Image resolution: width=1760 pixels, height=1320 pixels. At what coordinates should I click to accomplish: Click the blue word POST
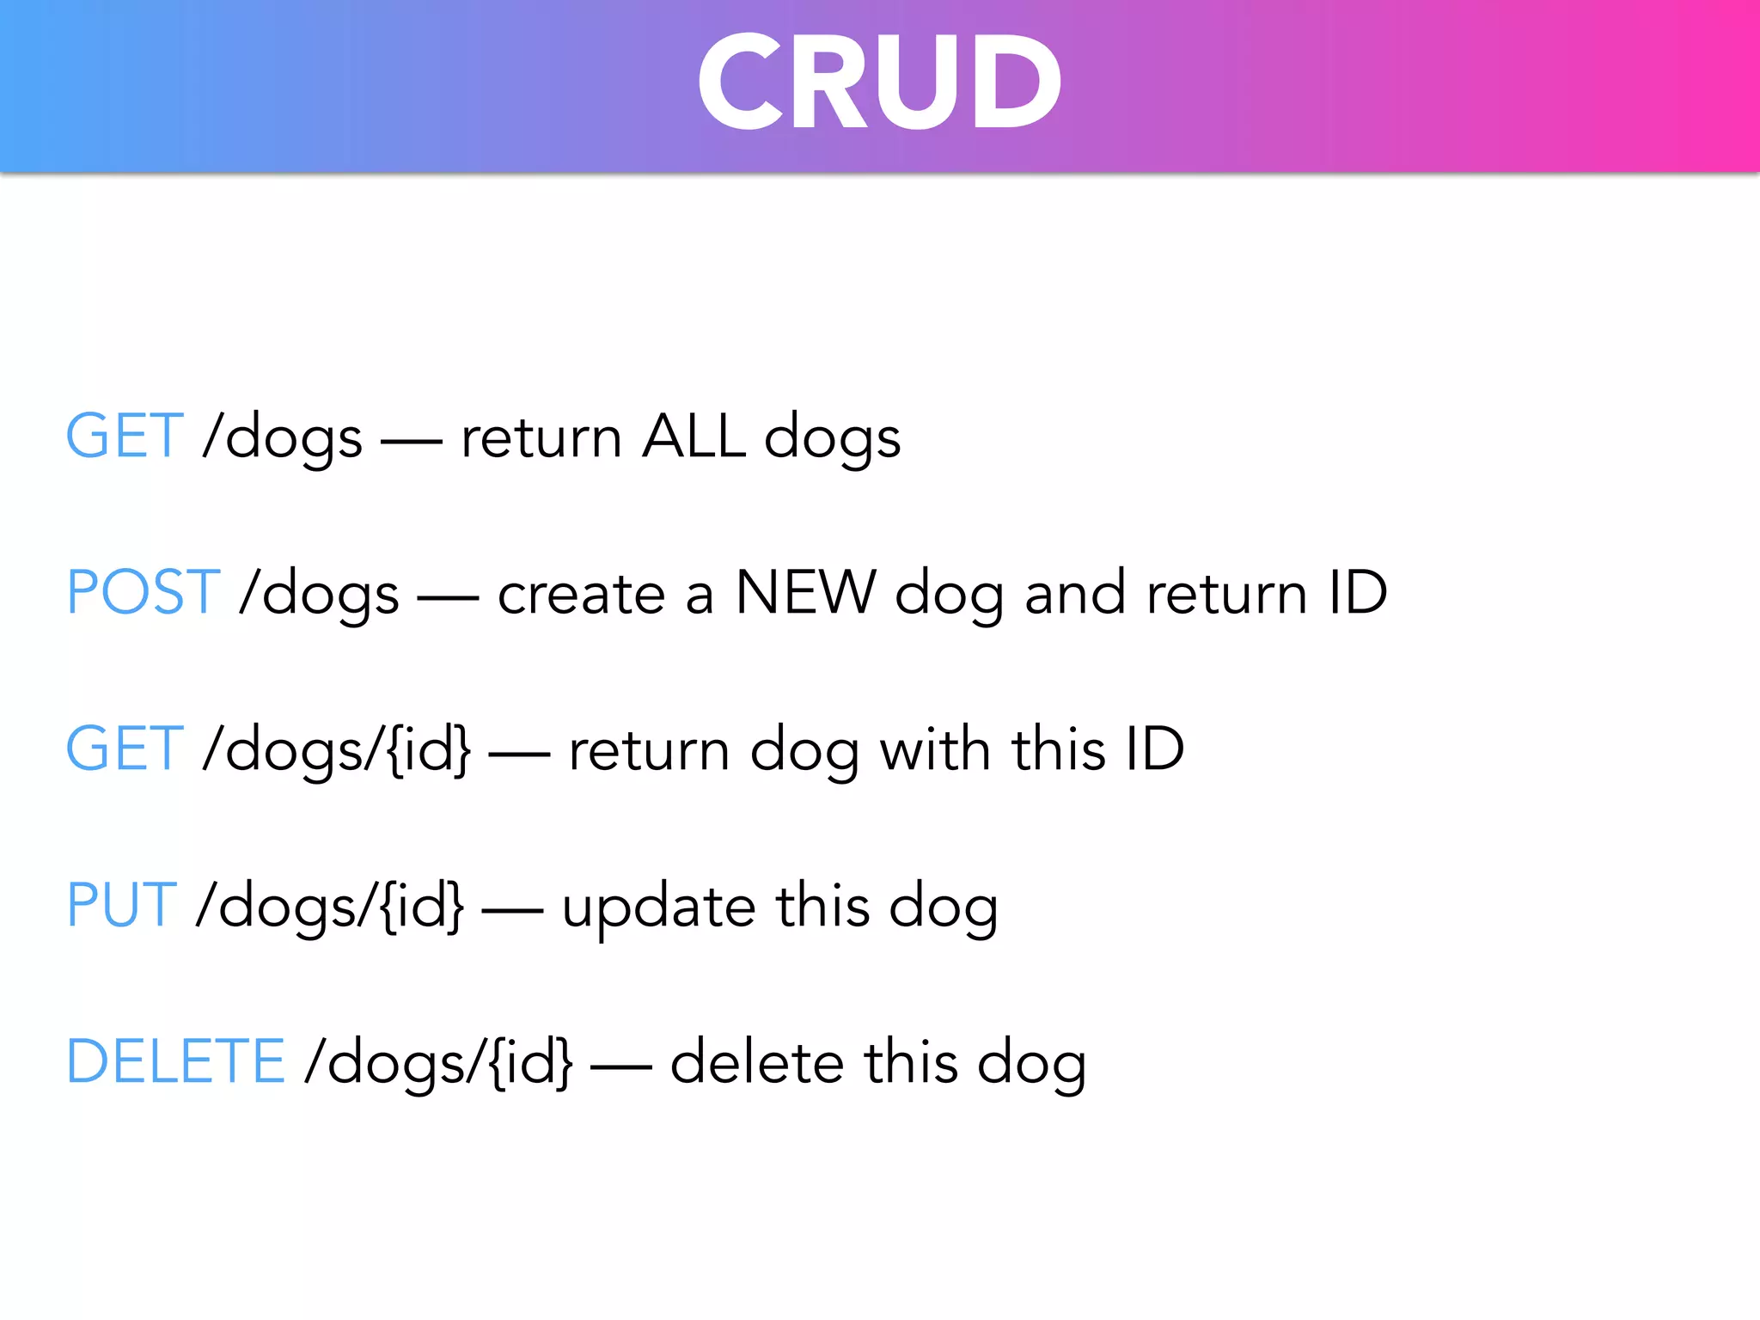tap(144, 593)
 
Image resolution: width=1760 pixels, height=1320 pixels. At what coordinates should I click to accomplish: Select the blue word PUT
tap(122, 906)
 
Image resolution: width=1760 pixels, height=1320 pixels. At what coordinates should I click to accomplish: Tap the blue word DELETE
tap(175, 1062)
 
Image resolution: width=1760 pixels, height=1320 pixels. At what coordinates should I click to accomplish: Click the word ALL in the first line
tap(694, 437)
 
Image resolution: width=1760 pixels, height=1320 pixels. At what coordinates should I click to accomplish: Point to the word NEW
tap(805, 593)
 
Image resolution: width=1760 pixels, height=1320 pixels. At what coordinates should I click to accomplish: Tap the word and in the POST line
tap(1075, 593)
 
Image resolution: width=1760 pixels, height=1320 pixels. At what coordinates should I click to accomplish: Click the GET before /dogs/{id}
tap(125, 749)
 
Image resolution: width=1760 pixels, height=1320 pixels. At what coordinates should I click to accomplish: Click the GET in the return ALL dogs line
tap(125, 437)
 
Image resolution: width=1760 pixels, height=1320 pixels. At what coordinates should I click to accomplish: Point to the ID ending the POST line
tap(1357, 593)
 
